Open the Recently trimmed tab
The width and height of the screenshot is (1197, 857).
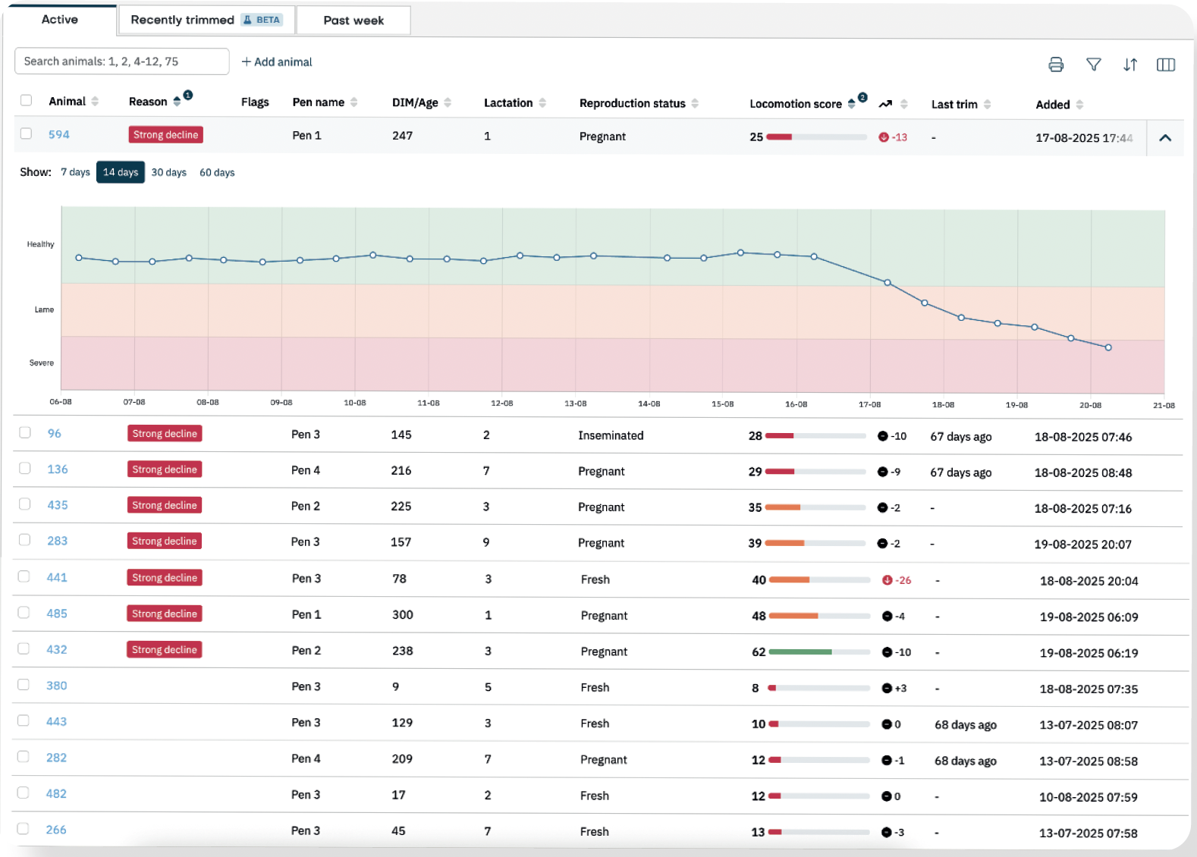[x=206, y=20]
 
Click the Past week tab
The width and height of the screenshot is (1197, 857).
[x=353, y=20]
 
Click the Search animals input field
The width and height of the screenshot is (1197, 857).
[x=122, y=61]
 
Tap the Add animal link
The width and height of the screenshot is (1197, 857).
[x=277, y=62]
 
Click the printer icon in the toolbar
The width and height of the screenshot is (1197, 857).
[x=1055, y=64]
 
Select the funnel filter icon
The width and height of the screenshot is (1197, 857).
[x=1093, y=64]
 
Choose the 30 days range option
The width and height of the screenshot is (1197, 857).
[x=169, y=173]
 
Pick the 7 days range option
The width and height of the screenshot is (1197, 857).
[x=75, y=172]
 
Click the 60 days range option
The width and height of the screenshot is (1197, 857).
[x=217, y=173]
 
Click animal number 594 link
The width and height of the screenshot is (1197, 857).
[x=58, y=135]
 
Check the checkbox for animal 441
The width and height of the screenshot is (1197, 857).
[x=24, y=576]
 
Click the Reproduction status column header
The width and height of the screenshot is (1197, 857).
[x=632, y=103]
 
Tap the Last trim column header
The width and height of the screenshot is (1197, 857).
[x=954, y=104]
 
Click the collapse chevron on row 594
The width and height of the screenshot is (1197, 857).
[x=1165, y=138]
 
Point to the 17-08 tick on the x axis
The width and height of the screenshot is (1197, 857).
[x=869, y=404]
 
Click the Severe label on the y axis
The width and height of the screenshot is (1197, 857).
[x=42, y=363]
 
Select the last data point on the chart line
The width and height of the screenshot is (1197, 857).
[x=1108, y=347]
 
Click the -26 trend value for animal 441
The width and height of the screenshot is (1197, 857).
[x=903, y=580]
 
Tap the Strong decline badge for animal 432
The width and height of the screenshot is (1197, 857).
[x=165, y=650]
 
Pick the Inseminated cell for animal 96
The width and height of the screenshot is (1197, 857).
[x=611, y=435]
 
